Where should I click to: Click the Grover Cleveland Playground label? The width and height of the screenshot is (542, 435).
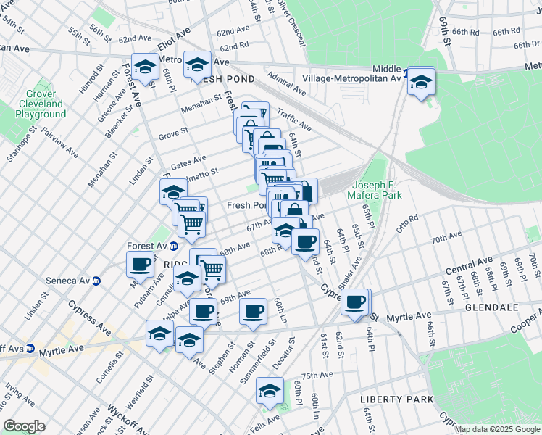(41, 104)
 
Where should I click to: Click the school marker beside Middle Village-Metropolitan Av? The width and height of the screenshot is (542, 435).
(420, 82)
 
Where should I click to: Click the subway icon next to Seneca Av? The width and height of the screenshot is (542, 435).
(96, 281)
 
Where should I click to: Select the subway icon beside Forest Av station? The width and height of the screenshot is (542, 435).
(173, 246)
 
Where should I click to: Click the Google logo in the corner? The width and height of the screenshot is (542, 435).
(23, 426)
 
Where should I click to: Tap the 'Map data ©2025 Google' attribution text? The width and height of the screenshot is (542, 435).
(496, 429)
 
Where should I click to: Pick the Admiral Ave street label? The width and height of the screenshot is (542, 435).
(286, 83)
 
